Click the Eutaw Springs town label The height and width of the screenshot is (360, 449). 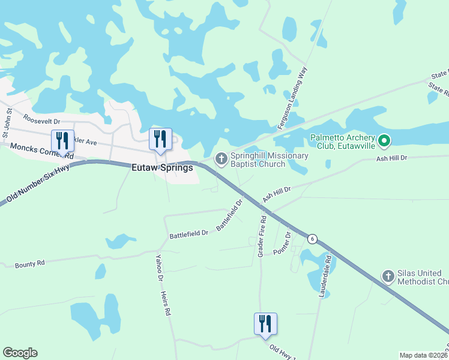(x=162, y=168)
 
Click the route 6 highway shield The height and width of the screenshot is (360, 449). (x=312, y=239)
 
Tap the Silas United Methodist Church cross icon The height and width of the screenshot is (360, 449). (x=388, y=277)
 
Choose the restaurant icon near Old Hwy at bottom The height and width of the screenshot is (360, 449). (x=265, y=324)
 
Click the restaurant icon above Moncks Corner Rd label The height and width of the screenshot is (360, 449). (x=62, y=141)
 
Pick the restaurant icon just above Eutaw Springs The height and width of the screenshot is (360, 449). (x=160, y=139)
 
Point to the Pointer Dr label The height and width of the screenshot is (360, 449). (x=282, y=243)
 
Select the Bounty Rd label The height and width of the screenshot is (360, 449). (x=30, y=263)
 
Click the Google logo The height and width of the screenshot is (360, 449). (x=20, y=353)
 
